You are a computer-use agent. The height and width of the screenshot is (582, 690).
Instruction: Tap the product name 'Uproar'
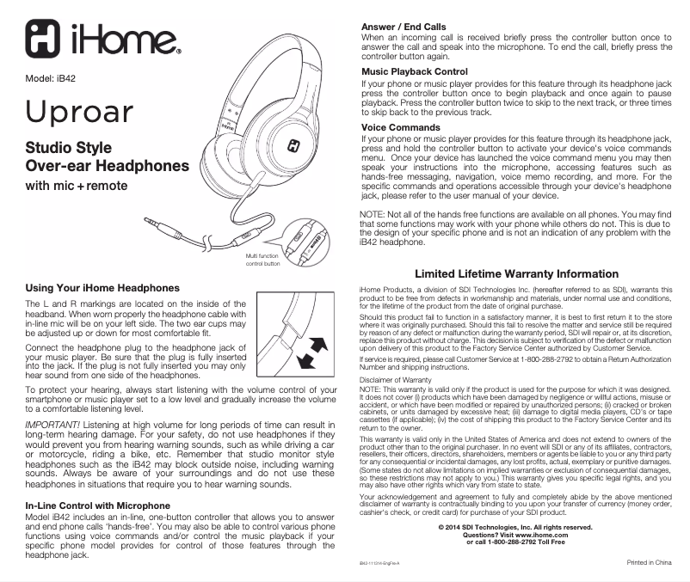click(x=80, y=113)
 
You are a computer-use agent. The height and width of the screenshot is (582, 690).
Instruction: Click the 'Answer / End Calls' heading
click(x=404, y=28)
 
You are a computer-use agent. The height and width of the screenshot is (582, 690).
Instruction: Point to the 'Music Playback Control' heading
click(x=414, y=71)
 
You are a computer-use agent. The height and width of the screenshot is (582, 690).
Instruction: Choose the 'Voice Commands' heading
click(x=400, y=127)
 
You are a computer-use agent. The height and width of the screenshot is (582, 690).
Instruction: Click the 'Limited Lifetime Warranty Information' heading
click(x=516, y=274)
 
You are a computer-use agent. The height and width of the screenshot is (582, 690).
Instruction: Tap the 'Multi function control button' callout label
click(x=263, y=260)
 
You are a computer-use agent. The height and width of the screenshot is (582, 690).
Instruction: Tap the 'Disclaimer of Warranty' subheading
click(x=395, y=379)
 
